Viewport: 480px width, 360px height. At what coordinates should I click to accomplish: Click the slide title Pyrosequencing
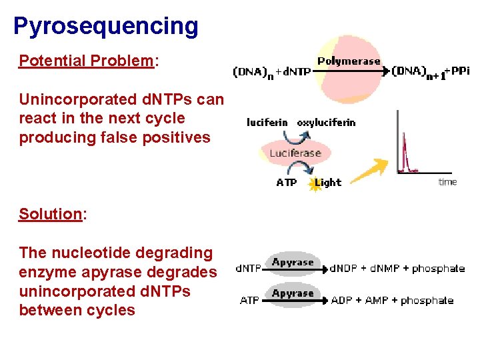pyautogui.click(x=105, y=26)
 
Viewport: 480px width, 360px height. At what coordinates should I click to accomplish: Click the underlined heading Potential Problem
pyautogui.click(x=86, y=61)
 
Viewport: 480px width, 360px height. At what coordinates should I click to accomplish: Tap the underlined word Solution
pyautogui.click(x=49, y=214)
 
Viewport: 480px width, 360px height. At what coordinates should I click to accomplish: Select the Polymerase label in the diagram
pyautogui.click(x=348, y=61)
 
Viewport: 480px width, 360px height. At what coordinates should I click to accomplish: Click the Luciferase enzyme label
pyautogui.click(x=295, y=153)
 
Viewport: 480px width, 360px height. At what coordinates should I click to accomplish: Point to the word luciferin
pyautogui.click(x=267, y=122)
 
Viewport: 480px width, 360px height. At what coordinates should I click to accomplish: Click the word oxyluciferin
pyautogui.click(x=326, y=122)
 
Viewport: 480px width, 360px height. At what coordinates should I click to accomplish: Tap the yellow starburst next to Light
pyautogui.click(x=314, y=184)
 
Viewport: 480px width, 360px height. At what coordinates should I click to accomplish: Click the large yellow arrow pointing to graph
pyautogui.click(x=369, y=171)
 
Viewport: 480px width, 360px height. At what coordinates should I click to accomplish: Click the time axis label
pyautogui.click(x=447, y=182)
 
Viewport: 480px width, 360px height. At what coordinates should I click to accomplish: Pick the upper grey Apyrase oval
pyautogui.click(x=293, y=263)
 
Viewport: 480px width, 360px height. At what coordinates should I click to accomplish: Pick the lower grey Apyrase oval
pyautogui.click(x=293, y=293)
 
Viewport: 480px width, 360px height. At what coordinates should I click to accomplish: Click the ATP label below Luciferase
pyautogui.click(x=287, y=183)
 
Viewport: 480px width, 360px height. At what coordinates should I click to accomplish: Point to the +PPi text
pyautogui.click(x=457, y=71)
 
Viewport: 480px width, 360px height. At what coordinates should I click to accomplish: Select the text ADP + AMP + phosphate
pyautogui.click(x=392, y=301)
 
